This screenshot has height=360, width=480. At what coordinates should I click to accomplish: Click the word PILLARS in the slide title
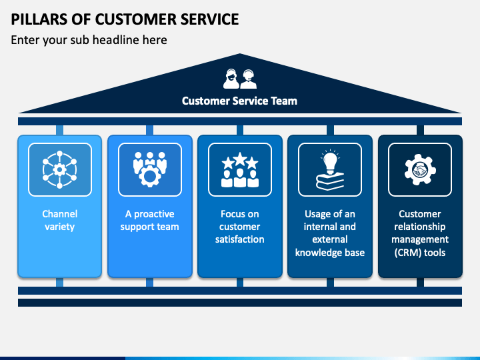(39, 19)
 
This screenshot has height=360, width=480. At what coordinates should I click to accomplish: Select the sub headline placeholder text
(89, 40)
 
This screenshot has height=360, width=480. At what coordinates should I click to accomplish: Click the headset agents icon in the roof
(240, 79)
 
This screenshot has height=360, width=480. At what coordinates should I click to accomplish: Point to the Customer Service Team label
(239, 101)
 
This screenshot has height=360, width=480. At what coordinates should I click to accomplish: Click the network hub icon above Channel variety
(60, 169)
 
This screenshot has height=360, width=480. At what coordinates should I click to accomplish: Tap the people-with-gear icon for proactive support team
(150, 169)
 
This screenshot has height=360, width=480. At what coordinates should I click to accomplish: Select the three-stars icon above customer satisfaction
(240, 169)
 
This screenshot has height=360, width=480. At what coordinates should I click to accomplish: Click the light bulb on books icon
(330, 169)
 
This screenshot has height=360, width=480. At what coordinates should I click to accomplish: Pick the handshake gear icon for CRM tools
(420, 169)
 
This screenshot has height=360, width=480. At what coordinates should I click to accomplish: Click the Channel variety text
(60, 220)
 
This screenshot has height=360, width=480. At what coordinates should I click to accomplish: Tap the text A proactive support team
(150, 220)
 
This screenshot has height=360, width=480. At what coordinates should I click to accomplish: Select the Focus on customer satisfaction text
(240, 227)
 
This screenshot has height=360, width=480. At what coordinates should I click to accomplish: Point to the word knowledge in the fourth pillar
(318, 253)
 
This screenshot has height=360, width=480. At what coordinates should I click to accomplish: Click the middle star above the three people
(240, 159)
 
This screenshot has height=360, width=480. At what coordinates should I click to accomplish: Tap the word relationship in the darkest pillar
(420, 227)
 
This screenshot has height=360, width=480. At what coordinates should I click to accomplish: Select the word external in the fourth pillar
(330, 239)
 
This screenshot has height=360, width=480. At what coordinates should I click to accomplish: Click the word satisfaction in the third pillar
(240, 239)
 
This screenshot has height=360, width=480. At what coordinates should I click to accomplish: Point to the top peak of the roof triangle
(240, 54)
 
